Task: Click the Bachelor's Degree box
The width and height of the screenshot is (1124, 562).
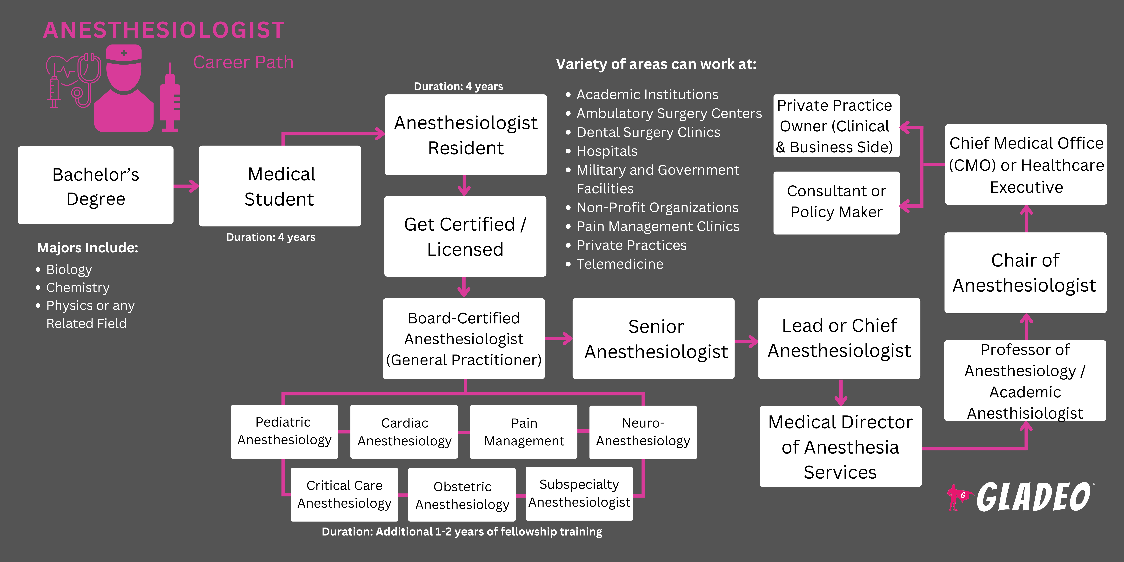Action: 96,185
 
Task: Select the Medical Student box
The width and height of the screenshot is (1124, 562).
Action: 280,186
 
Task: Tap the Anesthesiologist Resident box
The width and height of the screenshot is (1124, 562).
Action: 466,135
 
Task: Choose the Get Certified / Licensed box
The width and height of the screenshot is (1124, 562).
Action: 465,236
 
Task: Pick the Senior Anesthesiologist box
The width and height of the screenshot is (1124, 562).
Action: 653,339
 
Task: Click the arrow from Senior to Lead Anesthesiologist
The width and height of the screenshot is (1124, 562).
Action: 747,341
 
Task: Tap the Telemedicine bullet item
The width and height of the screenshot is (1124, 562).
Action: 620,264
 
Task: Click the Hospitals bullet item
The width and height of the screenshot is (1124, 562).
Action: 607,151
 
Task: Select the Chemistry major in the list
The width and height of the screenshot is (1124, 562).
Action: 78,288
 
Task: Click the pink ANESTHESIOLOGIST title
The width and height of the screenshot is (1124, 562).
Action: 164,30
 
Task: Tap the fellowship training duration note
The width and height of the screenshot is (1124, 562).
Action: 462,531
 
